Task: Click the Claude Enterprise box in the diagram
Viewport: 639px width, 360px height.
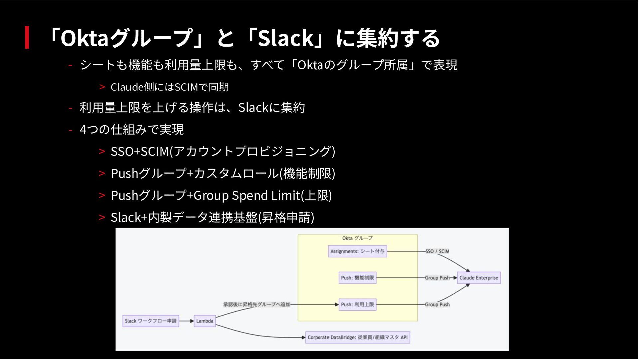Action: click(479, 278)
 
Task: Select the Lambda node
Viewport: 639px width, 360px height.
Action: click(205, 321)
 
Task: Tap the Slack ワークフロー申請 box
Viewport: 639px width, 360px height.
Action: click(151, 321)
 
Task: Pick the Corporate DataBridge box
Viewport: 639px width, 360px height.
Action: click(357, 337)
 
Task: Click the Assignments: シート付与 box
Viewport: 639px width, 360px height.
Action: click(357, 251)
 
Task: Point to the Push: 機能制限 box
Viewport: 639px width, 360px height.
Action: click(357, 278)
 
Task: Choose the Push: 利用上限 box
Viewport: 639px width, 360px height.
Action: click(357, 304)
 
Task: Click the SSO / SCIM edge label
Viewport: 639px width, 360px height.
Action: click(437, 251)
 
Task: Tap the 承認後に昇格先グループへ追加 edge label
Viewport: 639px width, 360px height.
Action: click(257, 304)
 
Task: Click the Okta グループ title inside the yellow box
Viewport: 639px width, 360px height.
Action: click(357, 238)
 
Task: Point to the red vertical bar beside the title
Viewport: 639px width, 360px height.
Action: click(27, 37)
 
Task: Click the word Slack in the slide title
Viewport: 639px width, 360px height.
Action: click(286, 38)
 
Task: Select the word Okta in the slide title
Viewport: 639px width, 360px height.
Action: click(85, 38)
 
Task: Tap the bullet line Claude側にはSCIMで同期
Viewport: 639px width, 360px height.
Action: click(170, 87)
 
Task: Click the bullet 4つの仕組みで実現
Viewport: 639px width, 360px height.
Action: click(131, 129)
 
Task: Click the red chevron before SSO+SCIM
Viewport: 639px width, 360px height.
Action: click(102, 151)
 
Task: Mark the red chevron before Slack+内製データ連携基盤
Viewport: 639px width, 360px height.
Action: click(102, 217)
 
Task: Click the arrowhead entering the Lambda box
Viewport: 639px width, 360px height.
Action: click(192, 321)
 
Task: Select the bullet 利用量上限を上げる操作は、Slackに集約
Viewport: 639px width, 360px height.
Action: click(192, 108)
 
